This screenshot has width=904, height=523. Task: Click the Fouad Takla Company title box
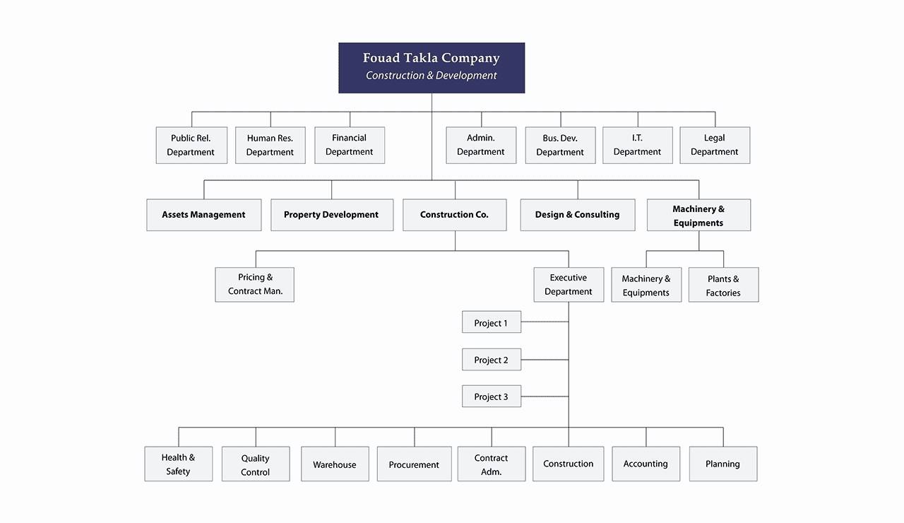(x=432, y=68)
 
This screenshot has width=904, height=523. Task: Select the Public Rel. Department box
(x=191, y=145)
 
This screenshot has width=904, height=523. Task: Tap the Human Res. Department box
(x=270, y=145)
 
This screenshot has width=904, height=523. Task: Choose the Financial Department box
(x=350, y=145)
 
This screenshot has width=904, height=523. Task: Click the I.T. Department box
(x=637, y=145)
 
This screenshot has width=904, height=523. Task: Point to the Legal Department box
(x=715, y=145)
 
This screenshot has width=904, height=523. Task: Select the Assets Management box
(x=204, y=214)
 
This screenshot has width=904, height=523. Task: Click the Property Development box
(x=332, y=214)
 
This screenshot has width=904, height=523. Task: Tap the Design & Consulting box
(x=578, y=214)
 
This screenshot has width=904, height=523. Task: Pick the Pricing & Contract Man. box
(x=255, y=284)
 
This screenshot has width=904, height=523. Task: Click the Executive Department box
(x=569, y=284)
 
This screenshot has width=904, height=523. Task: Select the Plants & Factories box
(x=723, y=284)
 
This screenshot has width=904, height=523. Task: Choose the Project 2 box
(x=491, y=360)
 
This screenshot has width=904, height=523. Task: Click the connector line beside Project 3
(x=545, y=396)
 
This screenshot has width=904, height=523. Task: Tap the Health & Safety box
(x=179, y=464)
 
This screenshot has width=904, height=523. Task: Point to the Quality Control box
(x=256, y=464)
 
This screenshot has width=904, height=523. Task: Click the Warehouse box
(x=335, y=464)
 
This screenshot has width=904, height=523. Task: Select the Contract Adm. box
(x=491, y=464)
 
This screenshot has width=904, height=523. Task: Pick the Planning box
(x=722, y=464)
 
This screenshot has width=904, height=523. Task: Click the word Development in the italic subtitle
(x=466, y=76)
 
